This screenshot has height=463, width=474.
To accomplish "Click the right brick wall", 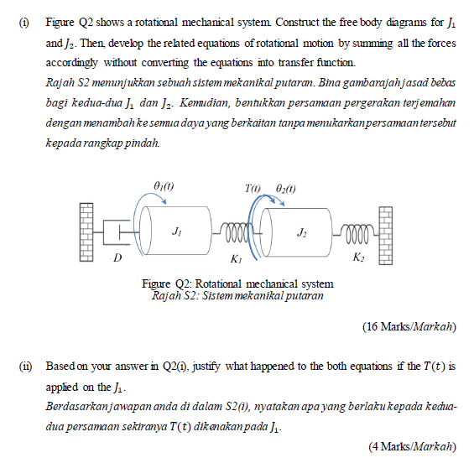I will point(385,232).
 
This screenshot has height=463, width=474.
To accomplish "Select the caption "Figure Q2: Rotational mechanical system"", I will point(238,284).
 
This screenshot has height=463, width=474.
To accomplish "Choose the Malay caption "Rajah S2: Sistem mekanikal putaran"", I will point(238,295).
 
